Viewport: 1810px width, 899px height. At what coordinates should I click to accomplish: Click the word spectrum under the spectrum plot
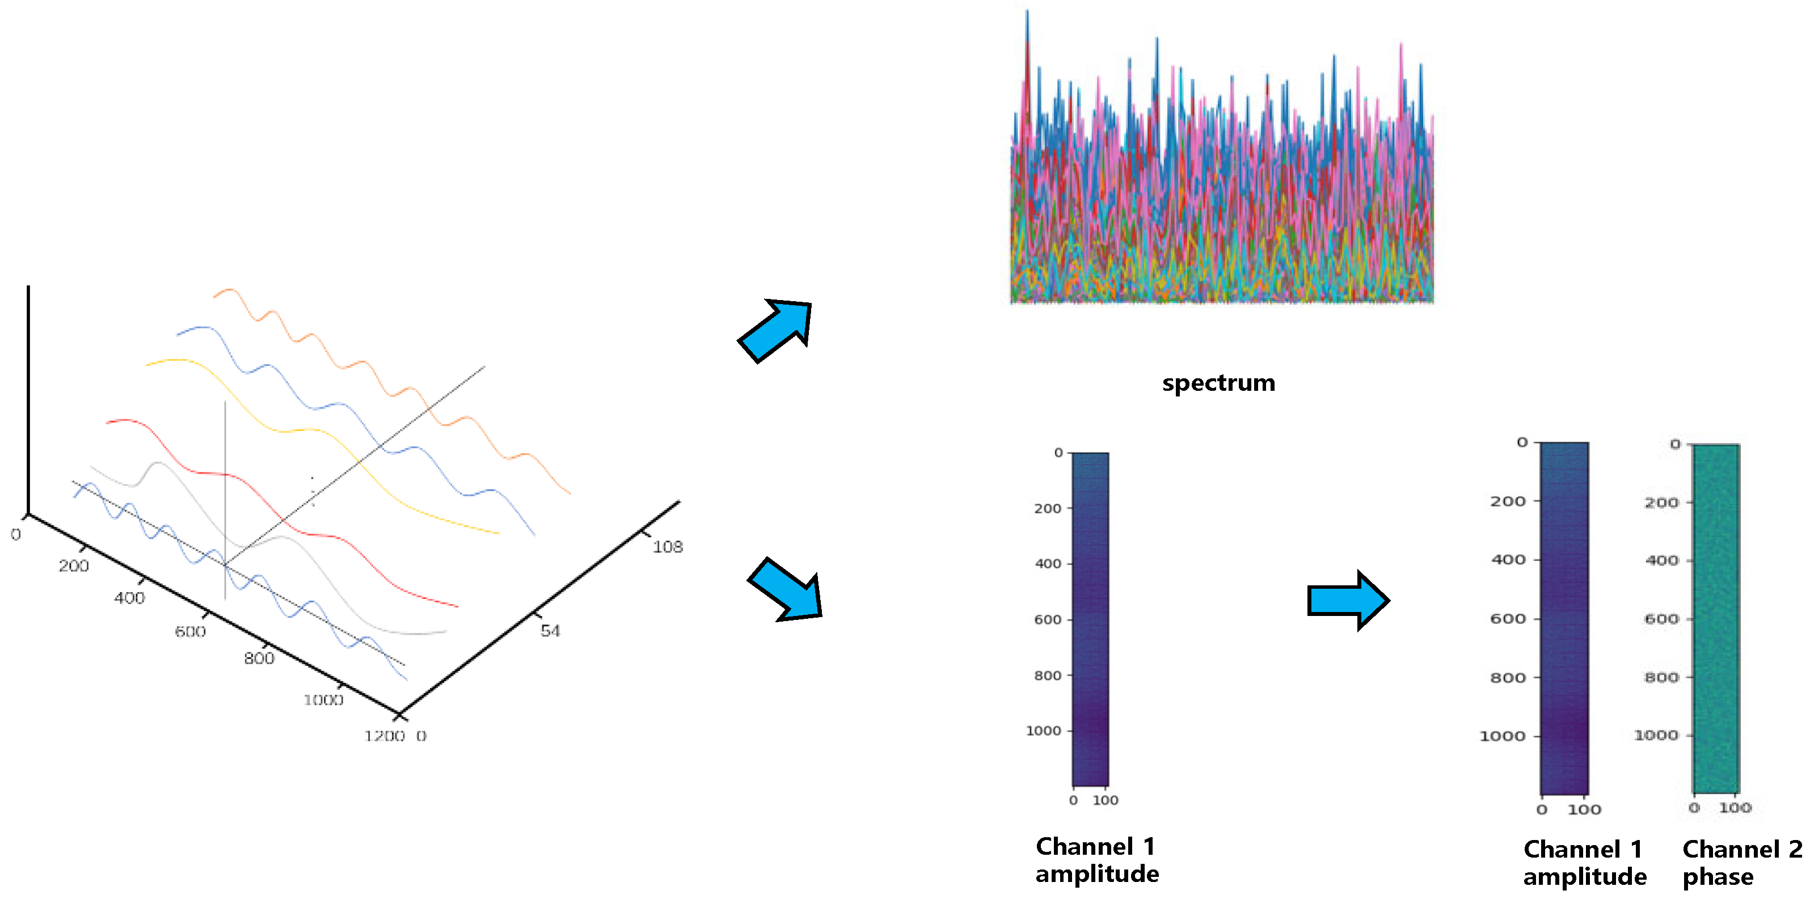(1218, 383)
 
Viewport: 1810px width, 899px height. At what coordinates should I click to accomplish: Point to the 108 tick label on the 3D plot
(667, 546)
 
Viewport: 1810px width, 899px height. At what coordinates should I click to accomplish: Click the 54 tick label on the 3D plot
(550, 631)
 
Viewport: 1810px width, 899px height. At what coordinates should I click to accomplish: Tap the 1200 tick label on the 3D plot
(383, 735)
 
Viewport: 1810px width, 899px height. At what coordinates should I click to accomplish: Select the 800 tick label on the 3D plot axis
(259, 658)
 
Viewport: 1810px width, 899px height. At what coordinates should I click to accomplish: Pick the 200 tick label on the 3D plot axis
(73, 565)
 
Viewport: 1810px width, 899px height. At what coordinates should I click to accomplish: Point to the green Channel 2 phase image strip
(1716, 618)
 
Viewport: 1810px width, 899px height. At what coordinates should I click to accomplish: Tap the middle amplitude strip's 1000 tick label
(1043, 731)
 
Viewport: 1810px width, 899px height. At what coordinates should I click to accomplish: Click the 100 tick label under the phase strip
(1734, 808)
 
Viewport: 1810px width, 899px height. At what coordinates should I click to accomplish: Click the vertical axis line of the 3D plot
(28, 400)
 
